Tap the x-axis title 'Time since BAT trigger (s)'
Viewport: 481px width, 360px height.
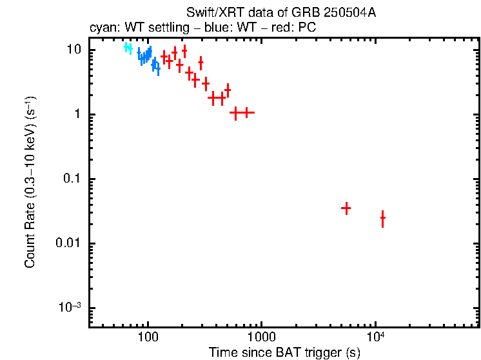pyautogui.click(x=284, y=352)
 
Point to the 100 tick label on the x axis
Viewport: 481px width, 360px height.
pyautogui.click(x=148, y=337)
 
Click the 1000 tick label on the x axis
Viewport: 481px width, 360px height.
pyautogui.click(x=262, y=337)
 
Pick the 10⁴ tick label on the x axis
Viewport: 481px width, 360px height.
pyautogui.click(x=375, y=336)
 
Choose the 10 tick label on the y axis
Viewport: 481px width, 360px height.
pyautogui.click(x=74, y=50)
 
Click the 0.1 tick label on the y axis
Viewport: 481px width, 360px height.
pyautogui.click(x=71, y=179)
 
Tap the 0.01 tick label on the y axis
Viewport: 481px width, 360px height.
pyautogui.click(x=68, y=243)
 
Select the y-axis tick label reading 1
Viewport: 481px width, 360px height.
pyautogui.click(x=77, y=115)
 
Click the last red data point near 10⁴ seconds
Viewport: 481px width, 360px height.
pyautogui.click(x=382, y=219)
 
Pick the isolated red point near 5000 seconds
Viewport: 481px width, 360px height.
pyautogui.click(x=346, y=208)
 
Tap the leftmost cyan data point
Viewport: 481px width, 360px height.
pyautogui.click(x=127, y=47)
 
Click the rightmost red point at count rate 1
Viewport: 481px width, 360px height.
pyautogui.click(x=246, y=112)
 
